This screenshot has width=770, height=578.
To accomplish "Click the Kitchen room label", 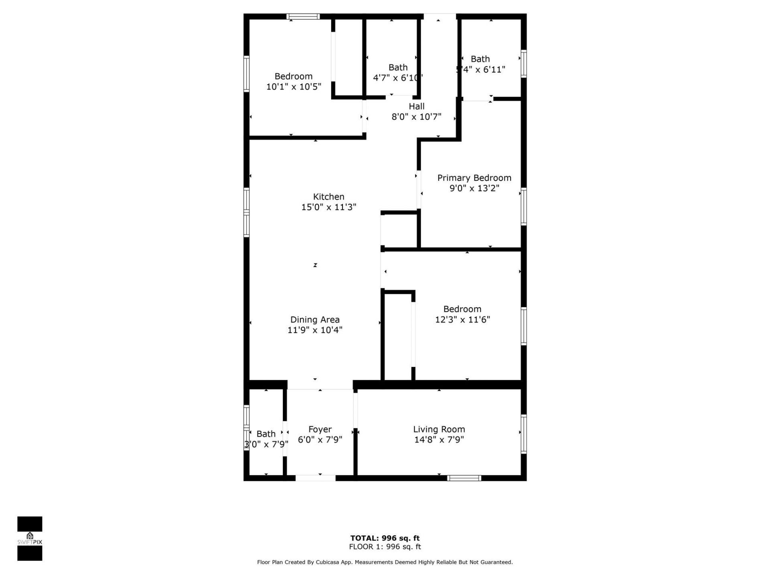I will tap(328, 197).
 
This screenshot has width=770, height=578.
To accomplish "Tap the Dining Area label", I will tap(315, 320).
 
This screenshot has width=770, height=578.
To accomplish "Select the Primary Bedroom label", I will tap(474, 178).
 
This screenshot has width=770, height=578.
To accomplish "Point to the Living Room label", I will tap(439, 429).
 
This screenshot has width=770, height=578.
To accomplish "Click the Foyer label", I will tap(320, 429).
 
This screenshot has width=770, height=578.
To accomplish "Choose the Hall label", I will tap(417, 106).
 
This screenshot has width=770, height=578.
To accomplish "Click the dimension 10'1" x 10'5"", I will tap(294, 87).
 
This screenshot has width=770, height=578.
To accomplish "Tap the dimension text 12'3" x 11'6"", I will tap(462, 320).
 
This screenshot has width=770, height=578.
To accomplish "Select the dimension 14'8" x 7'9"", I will tap(439, 440).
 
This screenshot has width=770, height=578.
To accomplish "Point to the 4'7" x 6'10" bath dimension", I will tap(397, 78).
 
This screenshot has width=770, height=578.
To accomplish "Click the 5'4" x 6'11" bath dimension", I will tap(480, 69).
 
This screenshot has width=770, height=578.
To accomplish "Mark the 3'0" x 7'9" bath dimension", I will tap(266, 444).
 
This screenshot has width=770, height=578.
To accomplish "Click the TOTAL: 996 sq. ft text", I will tap(385, 538).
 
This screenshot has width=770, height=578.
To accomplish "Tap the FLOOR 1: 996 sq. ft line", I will tap(385, 547).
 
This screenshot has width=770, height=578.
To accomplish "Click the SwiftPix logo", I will tap(30, 538).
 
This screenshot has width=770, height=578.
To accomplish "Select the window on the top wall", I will tap(303, 17).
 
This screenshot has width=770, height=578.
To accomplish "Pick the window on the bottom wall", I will tap(464, 478).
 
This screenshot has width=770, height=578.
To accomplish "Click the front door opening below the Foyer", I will tap(316, 478).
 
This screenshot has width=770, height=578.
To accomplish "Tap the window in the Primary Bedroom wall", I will tap(523, 206).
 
